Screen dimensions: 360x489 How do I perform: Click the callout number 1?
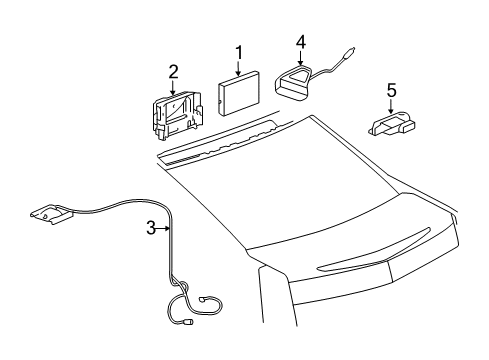[x=238, y=51]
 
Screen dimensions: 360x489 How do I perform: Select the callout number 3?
[x=151, y=228]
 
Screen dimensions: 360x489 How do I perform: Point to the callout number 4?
[x=299, y=41]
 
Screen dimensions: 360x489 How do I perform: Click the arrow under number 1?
[x=238, y=68]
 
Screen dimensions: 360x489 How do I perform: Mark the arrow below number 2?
[x=173, y=87]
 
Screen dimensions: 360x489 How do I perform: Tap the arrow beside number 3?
[x=165, y=228]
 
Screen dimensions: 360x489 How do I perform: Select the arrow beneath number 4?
[x=299, y=58]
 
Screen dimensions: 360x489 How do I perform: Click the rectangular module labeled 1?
[x=240, y=98]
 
